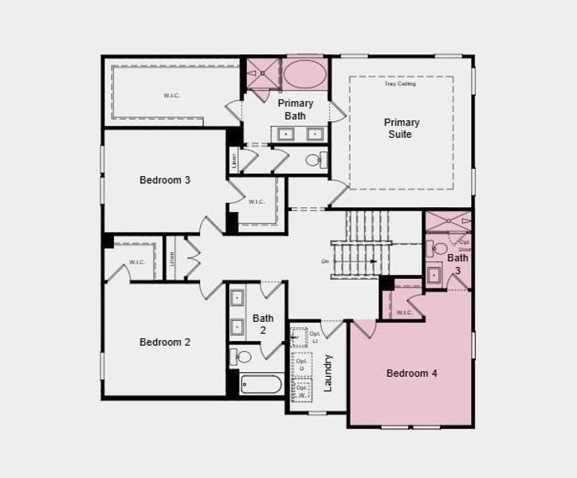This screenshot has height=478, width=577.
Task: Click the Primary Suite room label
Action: tap(401, 128)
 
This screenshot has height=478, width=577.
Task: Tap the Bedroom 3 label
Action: tap(165, 180)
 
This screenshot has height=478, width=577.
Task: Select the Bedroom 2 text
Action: tap(165, 343)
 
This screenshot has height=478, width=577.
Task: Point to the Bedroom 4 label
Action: tap(411, 374)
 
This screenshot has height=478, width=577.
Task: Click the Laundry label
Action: tap(328, 373)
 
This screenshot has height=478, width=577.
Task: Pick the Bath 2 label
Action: tap(263, 324)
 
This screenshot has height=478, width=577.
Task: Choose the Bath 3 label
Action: tap(457, 264)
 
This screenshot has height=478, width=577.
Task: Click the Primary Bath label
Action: tap(295, 110)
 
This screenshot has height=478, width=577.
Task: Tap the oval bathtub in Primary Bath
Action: tap(304, 75)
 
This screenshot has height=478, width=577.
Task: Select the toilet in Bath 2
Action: tap(242, 357)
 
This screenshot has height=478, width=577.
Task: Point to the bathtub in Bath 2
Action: tap(261, 384)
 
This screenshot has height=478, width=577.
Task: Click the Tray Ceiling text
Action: tap(400, 84)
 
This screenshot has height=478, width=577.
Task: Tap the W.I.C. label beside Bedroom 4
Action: tap(405, 312)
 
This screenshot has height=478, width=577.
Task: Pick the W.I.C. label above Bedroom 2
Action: tap(136, 262)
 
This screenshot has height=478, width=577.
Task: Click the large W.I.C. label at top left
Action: tap(171, 96)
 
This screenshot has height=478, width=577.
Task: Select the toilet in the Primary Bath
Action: tap(314, 160)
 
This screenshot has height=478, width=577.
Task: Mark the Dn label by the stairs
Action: tap(324, 261)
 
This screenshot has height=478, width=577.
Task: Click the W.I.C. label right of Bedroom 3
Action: tap(256, 202)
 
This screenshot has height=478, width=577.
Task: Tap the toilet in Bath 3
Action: tap(439, 249)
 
